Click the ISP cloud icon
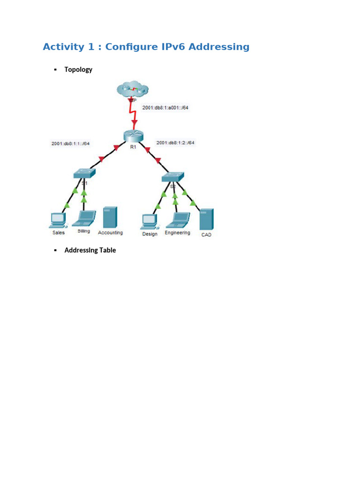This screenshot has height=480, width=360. point(133,89)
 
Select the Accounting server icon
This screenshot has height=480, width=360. point(110,217)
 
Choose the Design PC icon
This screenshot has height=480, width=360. point(149,220)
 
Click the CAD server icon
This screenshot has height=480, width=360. point(206,219)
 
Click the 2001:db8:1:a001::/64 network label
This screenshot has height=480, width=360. point(165,107)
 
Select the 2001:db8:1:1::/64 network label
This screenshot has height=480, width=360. point(70,143)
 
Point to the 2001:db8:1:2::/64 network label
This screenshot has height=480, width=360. point(175,142)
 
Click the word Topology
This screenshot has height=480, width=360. point(78,69)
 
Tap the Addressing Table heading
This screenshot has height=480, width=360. point(90,250)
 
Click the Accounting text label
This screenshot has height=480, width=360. point(110,232)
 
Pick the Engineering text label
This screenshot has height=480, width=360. point(177,232)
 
